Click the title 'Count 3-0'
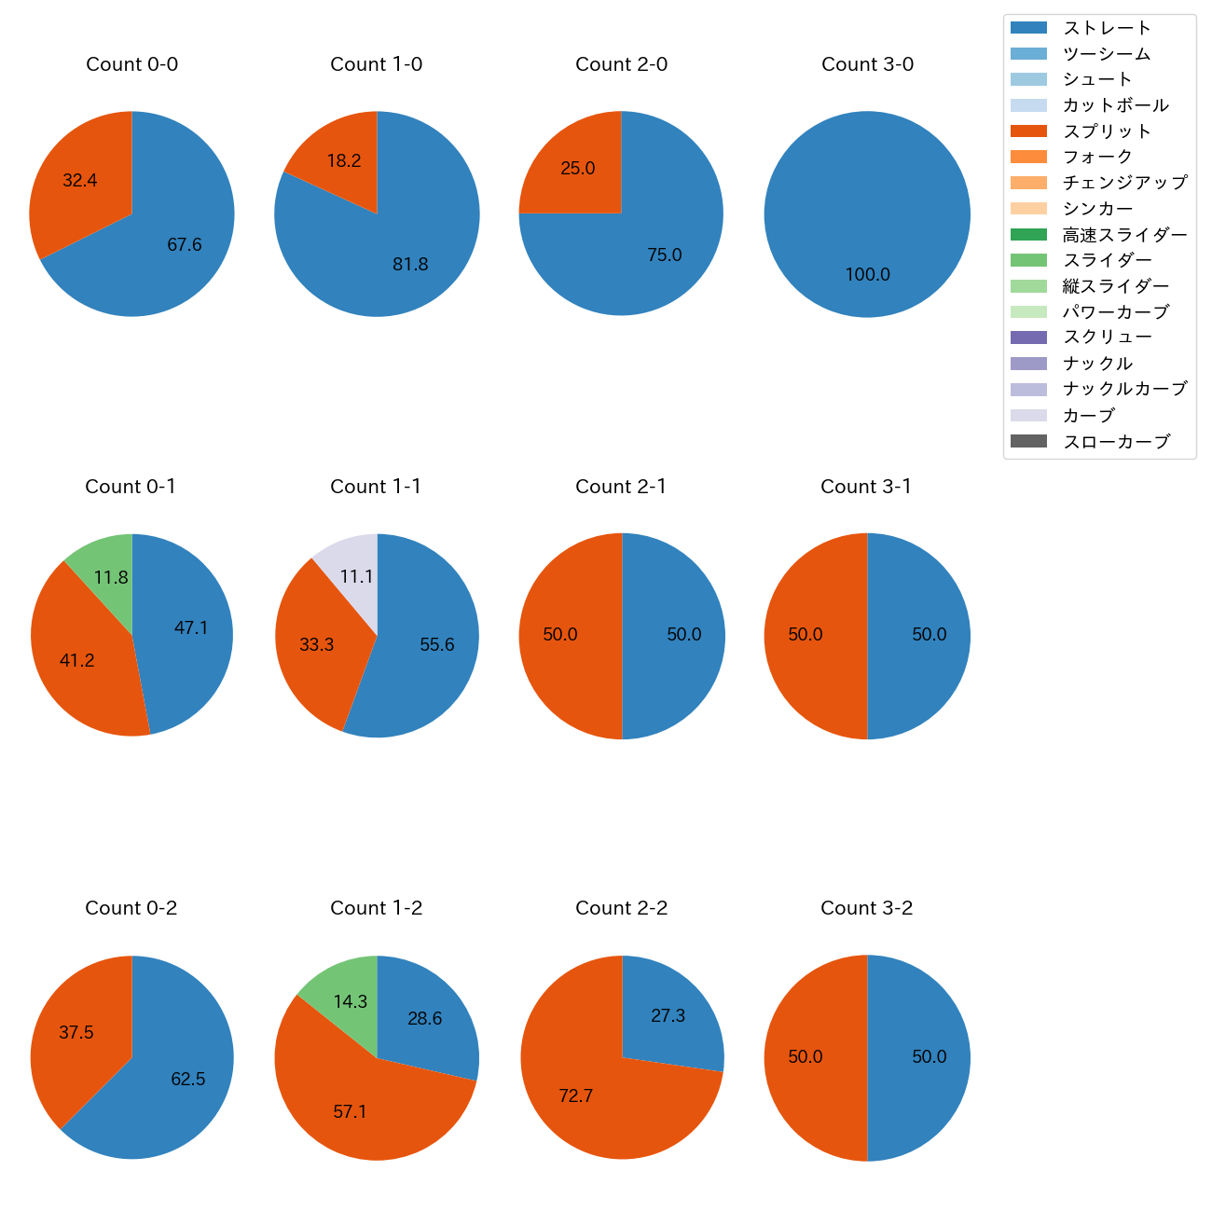click(867, 64)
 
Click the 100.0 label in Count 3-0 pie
click(867, 275)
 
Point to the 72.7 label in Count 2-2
click(576, 1096)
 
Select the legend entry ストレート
click(1107, 28)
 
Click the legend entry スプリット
click(1107, 131)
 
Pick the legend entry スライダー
click(1107, 260)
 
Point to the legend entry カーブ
click(1088, 416)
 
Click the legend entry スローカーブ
click(1116, 442)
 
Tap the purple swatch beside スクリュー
click(1028, 337)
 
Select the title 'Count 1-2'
click(377, 908)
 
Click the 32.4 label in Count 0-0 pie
click(80, 181)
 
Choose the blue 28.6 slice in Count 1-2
click(427, 1016)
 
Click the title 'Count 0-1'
click(131, 487)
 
